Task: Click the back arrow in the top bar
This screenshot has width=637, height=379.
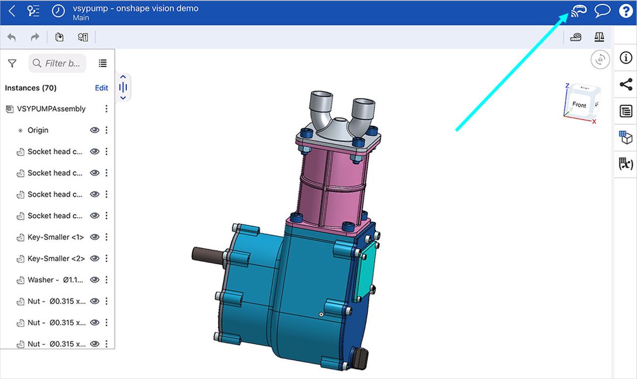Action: [x=12, y=11]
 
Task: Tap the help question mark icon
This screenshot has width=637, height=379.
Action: [x=626, y=11]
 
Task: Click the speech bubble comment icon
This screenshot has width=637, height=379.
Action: [x=602, y=11]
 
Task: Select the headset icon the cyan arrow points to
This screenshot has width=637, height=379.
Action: [x=578, y=11]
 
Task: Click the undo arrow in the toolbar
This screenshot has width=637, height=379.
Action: [x=12, y=37]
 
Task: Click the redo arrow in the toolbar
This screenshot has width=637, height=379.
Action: [x=35, y=37]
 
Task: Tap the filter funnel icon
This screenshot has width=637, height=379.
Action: [x=12, y=63]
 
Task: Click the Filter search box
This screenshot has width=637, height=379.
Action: [x=57, y=63]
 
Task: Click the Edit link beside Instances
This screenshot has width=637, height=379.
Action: [x=102, y=88]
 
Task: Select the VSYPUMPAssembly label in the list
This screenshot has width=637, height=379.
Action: [x=51, y=109]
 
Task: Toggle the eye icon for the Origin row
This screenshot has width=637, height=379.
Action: [x=95, y=130]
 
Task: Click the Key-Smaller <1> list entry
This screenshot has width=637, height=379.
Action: [x=55, y=237]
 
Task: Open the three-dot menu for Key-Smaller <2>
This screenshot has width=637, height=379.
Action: [x=106, y=259]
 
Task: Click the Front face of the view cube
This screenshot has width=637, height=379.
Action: [x=579, y=105]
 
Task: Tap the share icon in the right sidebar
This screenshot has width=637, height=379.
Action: [x=626, y=84]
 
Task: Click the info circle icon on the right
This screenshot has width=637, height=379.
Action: [x=626, y=58]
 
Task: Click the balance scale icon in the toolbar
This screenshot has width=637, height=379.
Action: [x=599, y=37]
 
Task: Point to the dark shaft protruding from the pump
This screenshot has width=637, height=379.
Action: [x=207, y=254]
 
